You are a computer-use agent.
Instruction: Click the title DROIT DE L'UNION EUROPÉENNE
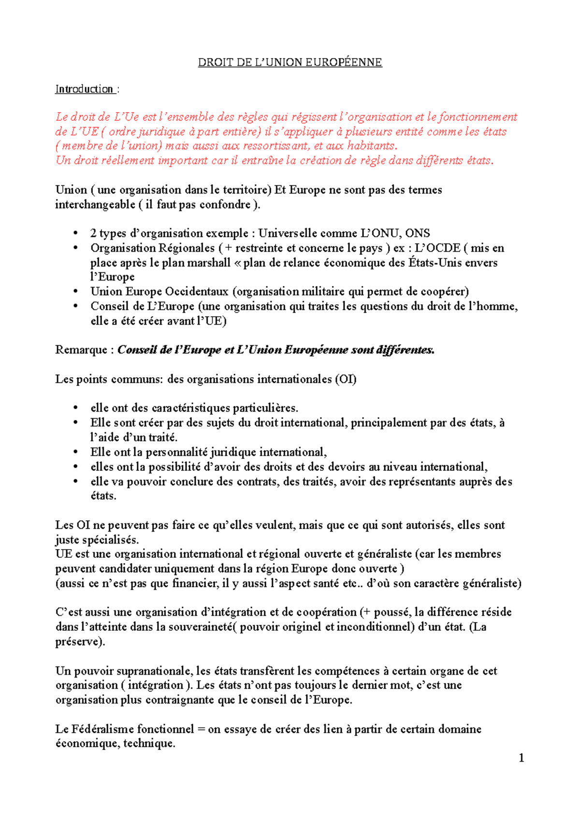coord(290,62)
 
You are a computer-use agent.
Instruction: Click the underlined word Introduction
coord(84,89)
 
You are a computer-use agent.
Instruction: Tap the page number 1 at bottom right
coord(521,758)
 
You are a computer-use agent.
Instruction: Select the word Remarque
coord(81,350)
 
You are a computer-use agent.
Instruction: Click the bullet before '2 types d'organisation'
coord(75,234)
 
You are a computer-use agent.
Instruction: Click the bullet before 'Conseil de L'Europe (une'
coord(75,306)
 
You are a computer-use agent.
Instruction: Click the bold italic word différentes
coord(404,350)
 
